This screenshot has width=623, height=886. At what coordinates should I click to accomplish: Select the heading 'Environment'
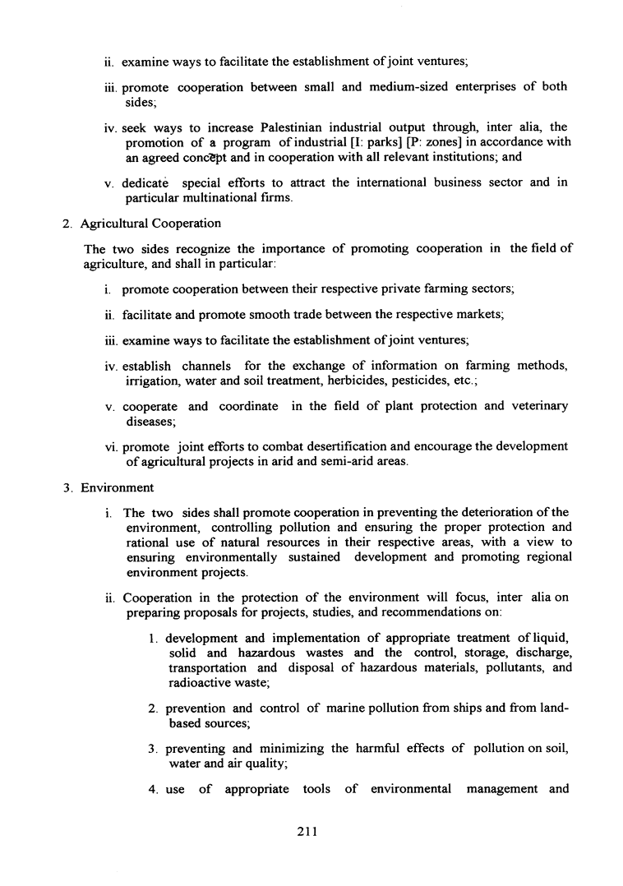117,487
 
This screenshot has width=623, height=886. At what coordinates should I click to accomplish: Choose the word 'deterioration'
456,512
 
